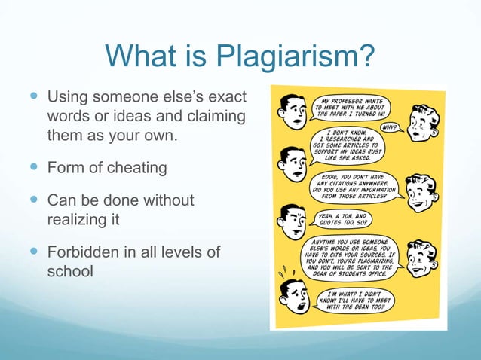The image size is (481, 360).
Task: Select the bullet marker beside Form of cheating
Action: tap(34, 167)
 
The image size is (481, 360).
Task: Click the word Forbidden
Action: tap(84, 252)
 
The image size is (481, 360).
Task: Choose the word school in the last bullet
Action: tap(70, 270)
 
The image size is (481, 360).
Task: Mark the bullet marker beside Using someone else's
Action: tap(34, 98)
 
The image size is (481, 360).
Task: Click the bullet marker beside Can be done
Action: tap(34, 200)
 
